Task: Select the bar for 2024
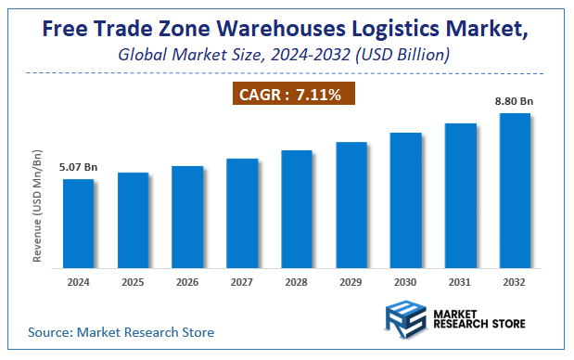coord(78,224)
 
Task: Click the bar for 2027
coord(242,213)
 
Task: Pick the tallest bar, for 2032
coord(515,191)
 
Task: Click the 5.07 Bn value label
coord(78,168)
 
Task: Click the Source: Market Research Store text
coord(121,331)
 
